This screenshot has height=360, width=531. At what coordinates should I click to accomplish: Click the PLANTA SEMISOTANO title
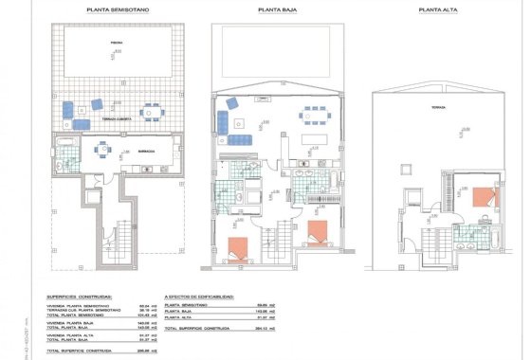pos(118,10)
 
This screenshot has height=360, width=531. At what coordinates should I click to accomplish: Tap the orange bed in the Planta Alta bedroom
pos(482,199)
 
